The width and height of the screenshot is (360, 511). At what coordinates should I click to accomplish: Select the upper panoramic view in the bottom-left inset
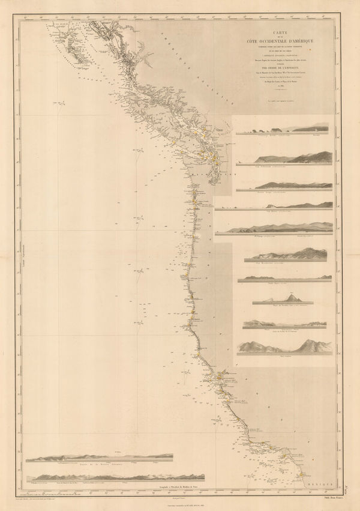[102, 458]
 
